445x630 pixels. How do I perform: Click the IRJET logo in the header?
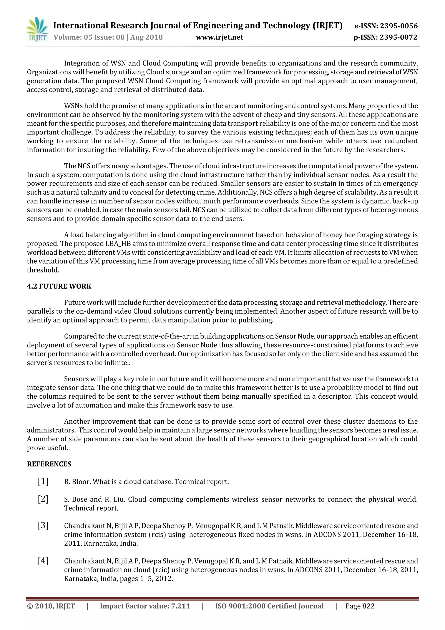tap(37, 29)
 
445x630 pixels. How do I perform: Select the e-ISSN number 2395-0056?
tap(399, 26)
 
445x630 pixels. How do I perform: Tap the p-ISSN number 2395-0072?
tap(399, 37)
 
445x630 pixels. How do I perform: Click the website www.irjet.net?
tap(219, 37)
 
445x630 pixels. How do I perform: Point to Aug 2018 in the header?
tap(146, 37)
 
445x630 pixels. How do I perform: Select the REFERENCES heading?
tap(49, 464)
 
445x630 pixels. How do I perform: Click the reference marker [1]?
tap(43, 481)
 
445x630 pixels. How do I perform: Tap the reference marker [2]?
tap(43, 499)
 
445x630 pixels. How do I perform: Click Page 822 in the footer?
tap(360, 606)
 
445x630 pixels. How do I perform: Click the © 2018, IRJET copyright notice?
tap(51, 606)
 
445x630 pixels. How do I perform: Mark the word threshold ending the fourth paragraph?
tap(43, 270)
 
